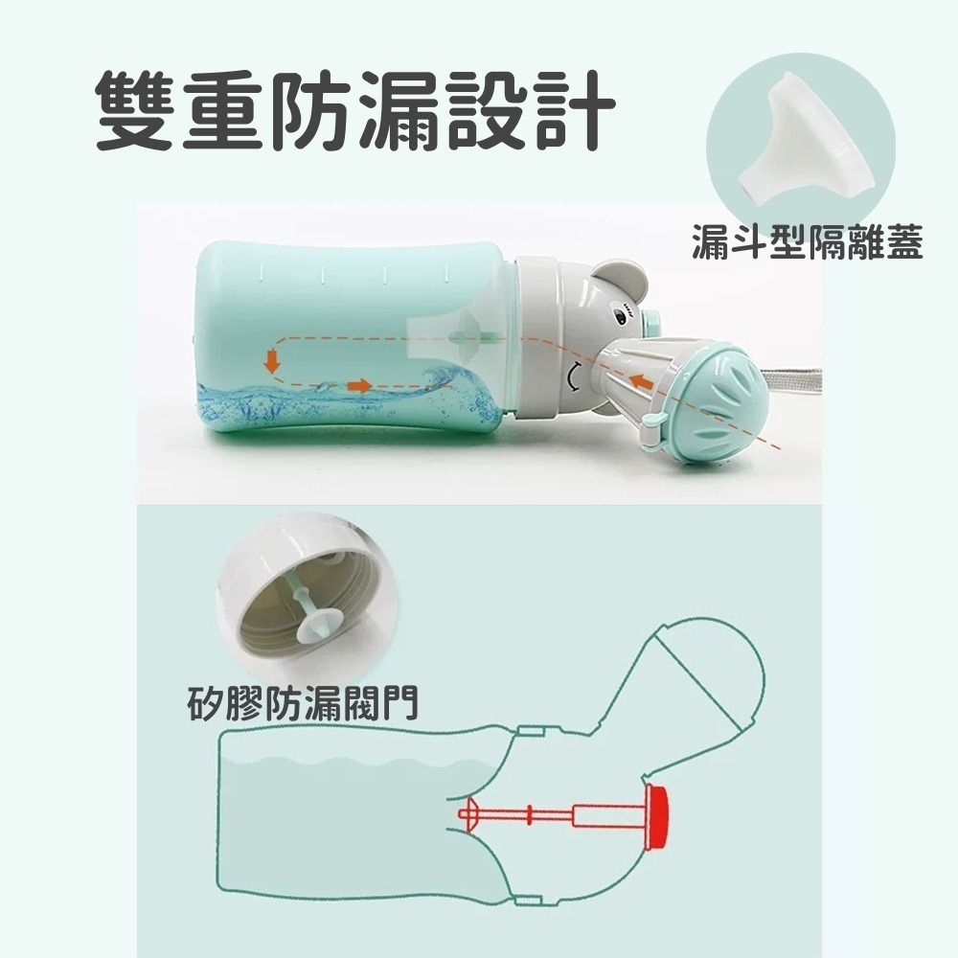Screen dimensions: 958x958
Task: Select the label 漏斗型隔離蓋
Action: tap(807, 243)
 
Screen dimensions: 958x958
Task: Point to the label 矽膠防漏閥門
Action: tap(301, 705)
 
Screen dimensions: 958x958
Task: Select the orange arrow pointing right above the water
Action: tap(359, 385)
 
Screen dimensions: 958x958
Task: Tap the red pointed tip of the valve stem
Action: tap(466, 815)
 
